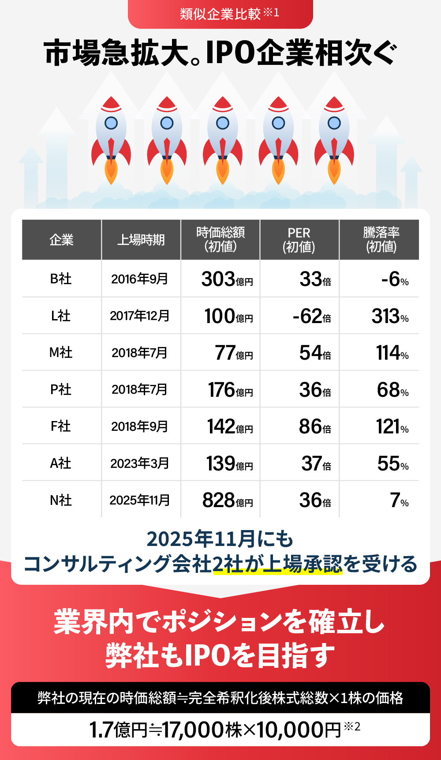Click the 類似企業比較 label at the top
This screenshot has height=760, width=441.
pyautogui.click(x=220, y=14)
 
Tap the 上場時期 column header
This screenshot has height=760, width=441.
pyautogui.click(x=141, y=240)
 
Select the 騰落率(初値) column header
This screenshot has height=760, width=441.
pyautogui.click(x=381, y=240)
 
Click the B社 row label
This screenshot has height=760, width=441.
pyautogui.click(x=61, y=279)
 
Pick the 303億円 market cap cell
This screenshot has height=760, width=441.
pyautogui.click(x=227, y=279)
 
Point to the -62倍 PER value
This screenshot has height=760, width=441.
pyautogui.click(x=311, y=316)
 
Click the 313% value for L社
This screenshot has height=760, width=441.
pyautogui.click(x=390, y=316)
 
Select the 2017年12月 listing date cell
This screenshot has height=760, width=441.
pyautogui.click(x=140, y=316)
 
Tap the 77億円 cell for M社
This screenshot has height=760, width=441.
pyautogui.click(x=233, y=353)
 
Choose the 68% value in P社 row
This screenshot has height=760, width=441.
pyautogui.click(x=392, y=390)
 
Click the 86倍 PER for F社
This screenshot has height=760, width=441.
pyautogui.click(x=315, y=427)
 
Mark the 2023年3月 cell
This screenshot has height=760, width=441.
pyautogui.click(x=140, y=463)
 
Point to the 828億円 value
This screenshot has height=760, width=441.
pyautogui.click(x=227, y=500)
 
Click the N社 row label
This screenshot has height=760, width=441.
pyautogui.click(x=61, y=500)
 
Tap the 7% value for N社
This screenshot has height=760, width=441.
pyautogui.click(x=399, y=500)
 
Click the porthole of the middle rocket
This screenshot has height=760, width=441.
pyautogui.click(x=223, y=123)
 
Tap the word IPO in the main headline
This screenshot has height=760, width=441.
pyautogui.click(x=230, y=53)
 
